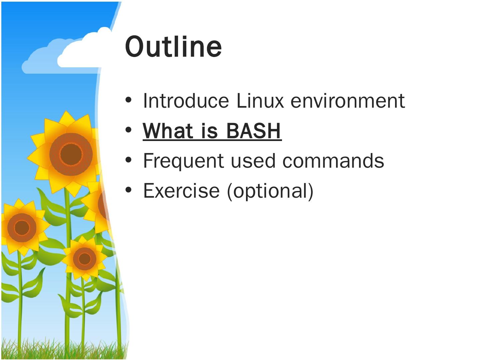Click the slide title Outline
pos(173,46)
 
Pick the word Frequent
pos(183,161)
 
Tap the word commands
pos(333,161)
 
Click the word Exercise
pos(181,191)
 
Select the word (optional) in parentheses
pos(270,191)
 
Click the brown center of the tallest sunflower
pos(71,154)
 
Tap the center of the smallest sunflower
pos(84,258)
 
